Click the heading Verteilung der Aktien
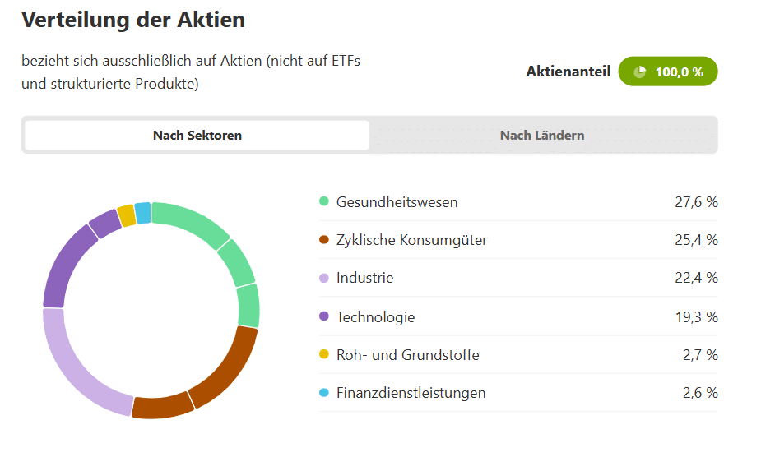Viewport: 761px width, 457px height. tap(133, 20)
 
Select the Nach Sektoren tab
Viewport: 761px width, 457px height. tap(197, 136)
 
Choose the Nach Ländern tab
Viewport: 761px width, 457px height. tap(542, 136)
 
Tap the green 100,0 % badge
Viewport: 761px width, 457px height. tap(668, 72)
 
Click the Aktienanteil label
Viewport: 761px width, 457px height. tap(568, 72)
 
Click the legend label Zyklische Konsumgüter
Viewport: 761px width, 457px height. tap(411, 240)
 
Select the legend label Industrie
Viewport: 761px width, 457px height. tap(364, 278)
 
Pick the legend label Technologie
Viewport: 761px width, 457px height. tap(375, 316)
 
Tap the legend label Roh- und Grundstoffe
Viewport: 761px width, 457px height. tap(407, 355)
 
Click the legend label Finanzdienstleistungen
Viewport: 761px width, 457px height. tap(411, 393)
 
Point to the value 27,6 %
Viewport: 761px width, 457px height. tap(696, 202)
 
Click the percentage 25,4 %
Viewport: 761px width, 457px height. tap(696, 240)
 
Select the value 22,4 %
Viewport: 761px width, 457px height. tap(696, 278)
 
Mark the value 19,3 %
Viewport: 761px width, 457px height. tap(696, 316)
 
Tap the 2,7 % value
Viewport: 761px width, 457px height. tap(700, 355)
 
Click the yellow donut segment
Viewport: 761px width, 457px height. tap(126, 215)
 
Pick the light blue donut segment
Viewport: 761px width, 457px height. tap(142, 213)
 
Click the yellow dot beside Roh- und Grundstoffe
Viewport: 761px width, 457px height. tap(323, 355)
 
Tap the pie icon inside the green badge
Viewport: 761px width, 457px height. tap(640, 72)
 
